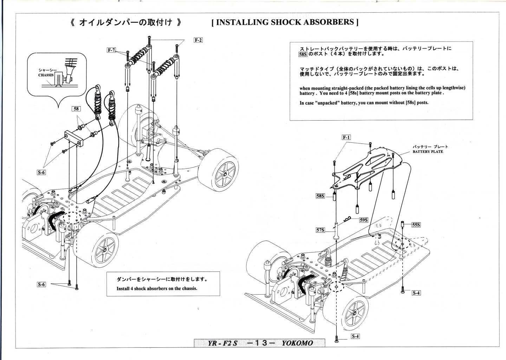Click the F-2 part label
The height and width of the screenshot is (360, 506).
tap(198, 40)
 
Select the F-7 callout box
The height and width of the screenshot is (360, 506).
tap(111, 50)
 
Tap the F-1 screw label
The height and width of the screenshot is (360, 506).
tap(346, 137)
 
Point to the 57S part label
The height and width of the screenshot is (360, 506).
tap(320, 230)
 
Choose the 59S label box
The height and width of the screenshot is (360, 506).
tap(363, 220)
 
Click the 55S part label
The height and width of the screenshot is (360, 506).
tap(416, 225)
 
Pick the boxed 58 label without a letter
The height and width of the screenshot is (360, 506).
tap(76, 109)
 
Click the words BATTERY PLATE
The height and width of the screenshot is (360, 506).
tap(428, 152)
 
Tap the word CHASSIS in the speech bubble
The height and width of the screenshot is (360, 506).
tap(46, 75)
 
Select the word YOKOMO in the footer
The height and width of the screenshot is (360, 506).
tap(297, 343)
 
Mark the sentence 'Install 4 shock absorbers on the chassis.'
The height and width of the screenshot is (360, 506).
tap(157, 288)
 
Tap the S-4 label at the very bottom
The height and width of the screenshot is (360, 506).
tap(356, 336)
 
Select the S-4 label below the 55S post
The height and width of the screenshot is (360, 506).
tap(416, 292)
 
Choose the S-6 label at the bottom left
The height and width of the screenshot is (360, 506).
tap(41, 284)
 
